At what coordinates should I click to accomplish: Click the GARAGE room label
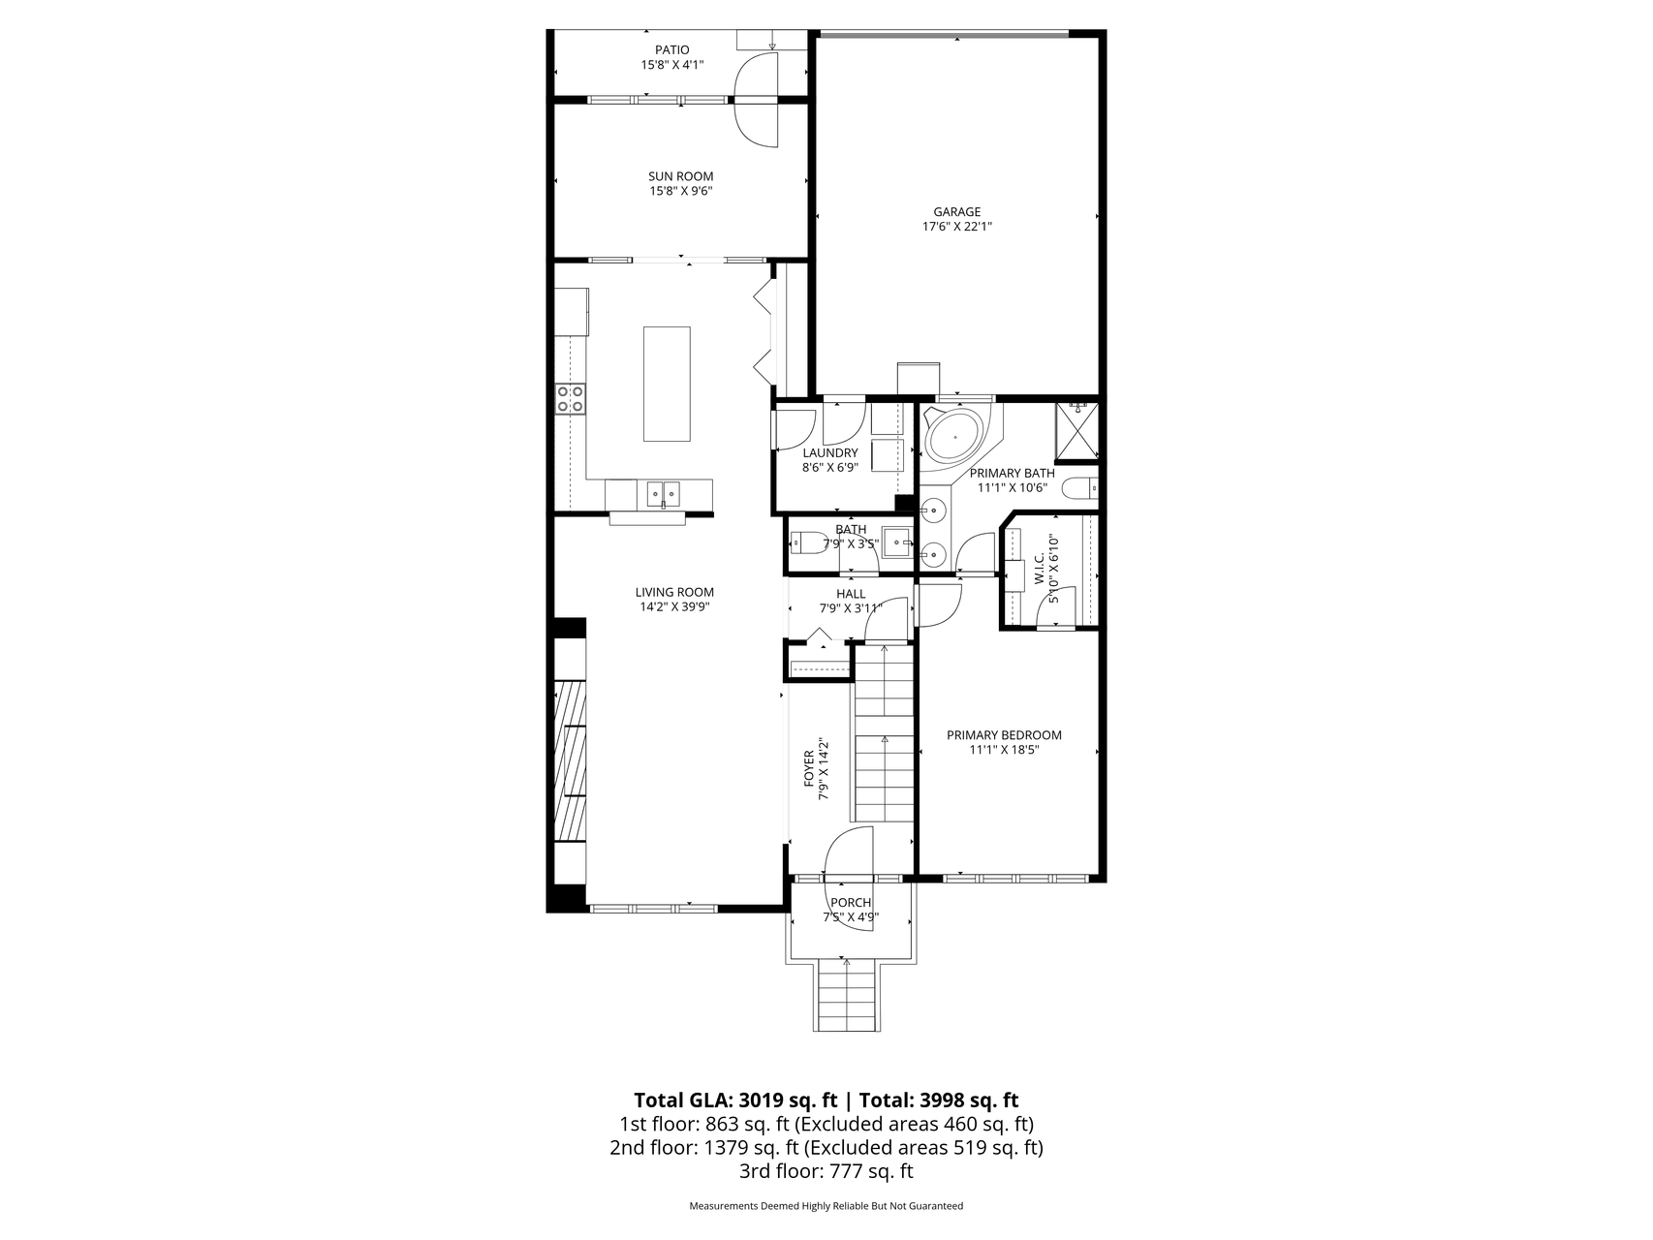pos(956,212)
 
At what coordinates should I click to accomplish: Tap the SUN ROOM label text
pos(680,176)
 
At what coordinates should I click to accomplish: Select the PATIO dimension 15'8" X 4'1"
pos(671,65)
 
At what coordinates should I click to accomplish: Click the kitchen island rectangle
pos(667,384)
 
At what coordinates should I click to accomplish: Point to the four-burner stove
pos(570,398)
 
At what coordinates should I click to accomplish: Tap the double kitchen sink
pos(663,494)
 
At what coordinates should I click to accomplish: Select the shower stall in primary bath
pos(1076,431)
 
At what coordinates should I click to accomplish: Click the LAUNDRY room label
pos(830,452)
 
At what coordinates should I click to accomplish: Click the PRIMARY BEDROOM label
pos(1004,735)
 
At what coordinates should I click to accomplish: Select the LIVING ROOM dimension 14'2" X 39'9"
pos(674,607)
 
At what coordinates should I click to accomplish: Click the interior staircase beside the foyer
pos(883,736)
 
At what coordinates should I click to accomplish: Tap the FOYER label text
pos(809,768)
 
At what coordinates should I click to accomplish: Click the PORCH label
pos(851,903)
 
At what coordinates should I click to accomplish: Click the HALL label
pos(851,594)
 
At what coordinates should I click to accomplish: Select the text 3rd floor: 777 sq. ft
pos(826,1171)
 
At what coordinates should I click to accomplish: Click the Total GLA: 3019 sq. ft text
pos(735,1100)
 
